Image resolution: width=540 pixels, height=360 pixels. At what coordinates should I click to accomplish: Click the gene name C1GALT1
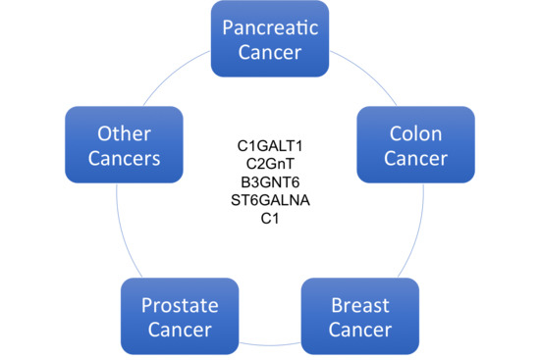click(270, 146)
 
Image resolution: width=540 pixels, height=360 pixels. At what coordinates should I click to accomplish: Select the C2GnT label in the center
click(270, 163)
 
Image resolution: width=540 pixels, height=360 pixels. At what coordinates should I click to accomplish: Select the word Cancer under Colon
click(404, 157)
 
